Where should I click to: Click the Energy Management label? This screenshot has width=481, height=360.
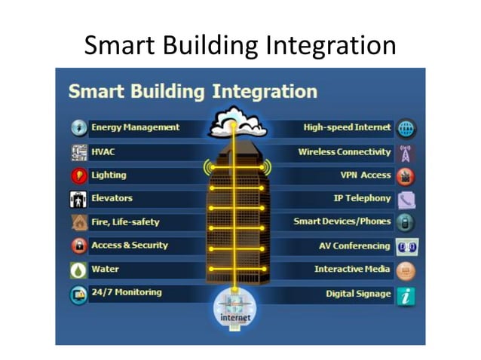[135, 128]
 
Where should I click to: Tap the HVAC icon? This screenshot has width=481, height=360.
[79, 152]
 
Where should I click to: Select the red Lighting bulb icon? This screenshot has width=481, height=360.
[79, 175]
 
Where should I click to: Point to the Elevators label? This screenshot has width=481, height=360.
[112, 199]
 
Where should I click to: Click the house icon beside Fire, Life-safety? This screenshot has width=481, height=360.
[79, 222]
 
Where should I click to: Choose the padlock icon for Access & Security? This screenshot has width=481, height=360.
[79, 246]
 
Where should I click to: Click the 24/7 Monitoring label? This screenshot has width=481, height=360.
[126, 292]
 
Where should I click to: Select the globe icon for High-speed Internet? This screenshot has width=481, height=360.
[406, 128]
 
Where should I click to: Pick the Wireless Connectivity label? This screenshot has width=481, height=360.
[345, 152]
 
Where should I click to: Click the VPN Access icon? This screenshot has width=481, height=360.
[406, 176]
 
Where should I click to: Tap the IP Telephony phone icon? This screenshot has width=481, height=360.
[406, 200]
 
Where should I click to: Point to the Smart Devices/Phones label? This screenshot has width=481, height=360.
[342, 222]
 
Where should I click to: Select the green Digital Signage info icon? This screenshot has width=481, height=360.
[406, 295]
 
